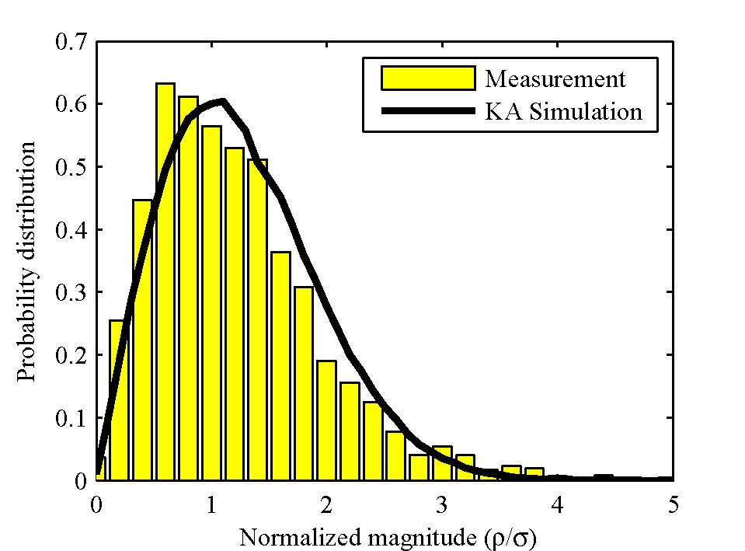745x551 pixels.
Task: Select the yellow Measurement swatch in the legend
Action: [x=427, y=78]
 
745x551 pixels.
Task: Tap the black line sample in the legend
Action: [x=427, y=111]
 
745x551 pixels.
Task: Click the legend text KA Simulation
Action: [x=564, y=112]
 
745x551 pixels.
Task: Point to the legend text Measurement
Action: [x=555, y=79]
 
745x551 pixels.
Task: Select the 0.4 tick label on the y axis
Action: [x=71, y=230]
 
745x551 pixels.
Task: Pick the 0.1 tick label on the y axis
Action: [x=71, y=418]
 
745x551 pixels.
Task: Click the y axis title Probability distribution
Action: [x=27, y=261]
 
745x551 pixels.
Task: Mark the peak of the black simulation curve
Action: [x=222, y=101]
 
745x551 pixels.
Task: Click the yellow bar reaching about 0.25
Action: [x=119, y=400]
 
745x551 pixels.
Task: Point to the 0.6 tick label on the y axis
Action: [x=71, y=104]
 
